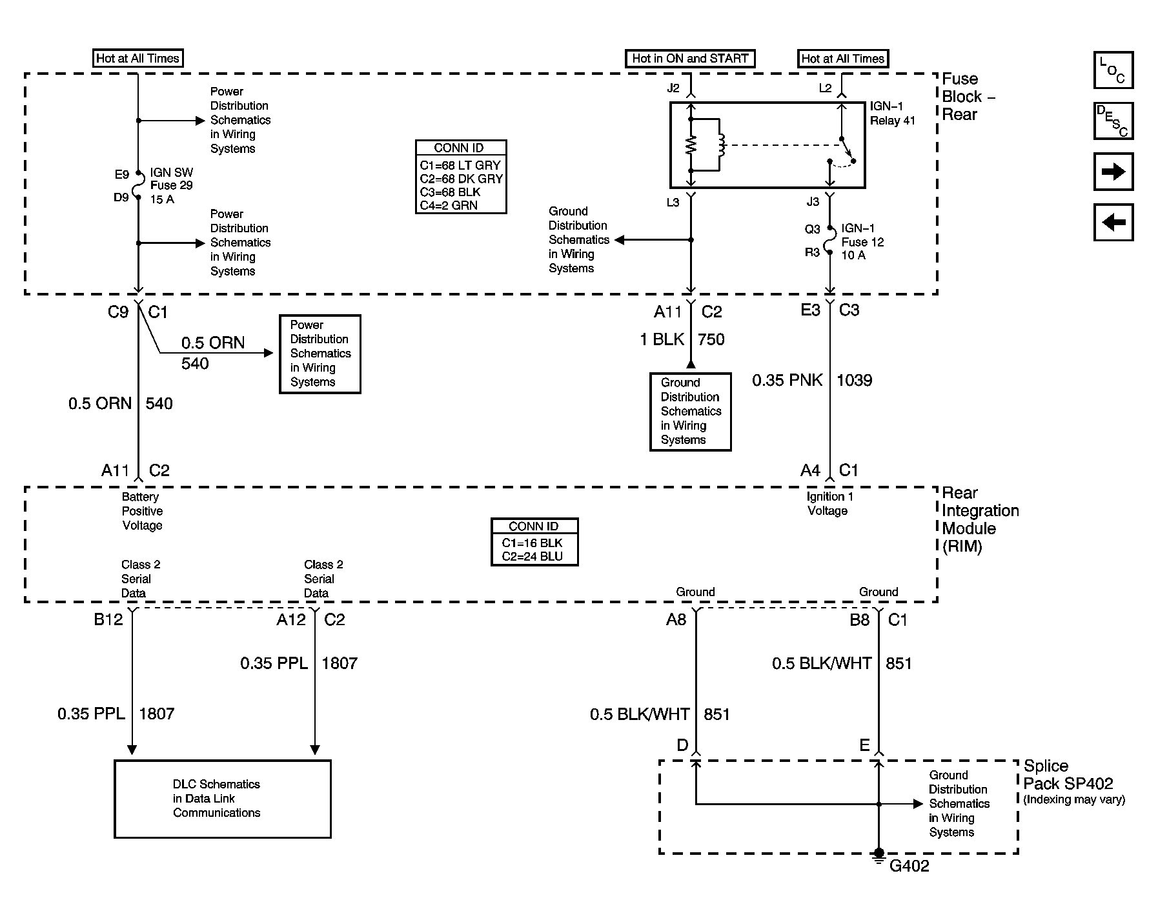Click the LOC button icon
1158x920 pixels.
(1113, 70)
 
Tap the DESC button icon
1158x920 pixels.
(1113, 121)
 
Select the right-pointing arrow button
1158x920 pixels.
(1113, 172)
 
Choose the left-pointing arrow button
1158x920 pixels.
(1113, 223)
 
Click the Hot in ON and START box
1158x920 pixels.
(690, 59)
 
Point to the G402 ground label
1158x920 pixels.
(909, 866)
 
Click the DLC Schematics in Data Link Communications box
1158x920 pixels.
(223, 799)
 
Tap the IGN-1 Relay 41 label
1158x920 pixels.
(892, 114)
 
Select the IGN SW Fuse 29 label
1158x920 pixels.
(171, 186)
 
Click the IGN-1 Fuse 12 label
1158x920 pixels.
(862, 242)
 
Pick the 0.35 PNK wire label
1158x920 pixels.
(787, 380)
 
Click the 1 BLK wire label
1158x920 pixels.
(662, 339)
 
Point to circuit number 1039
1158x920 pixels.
(854, 380)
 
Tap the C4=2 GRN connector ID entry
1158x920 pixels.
(449, 206)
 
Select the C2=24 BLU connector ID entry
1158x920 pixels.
(533, 556)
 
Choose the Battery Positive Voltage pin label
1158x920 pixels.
(142, 511)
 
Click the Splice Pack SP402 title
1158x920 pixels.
(1068, 775)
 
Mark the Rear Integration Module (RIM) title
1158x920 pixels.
(980, 519)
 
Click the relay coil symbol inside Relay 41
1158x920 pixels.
(721, 145)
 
